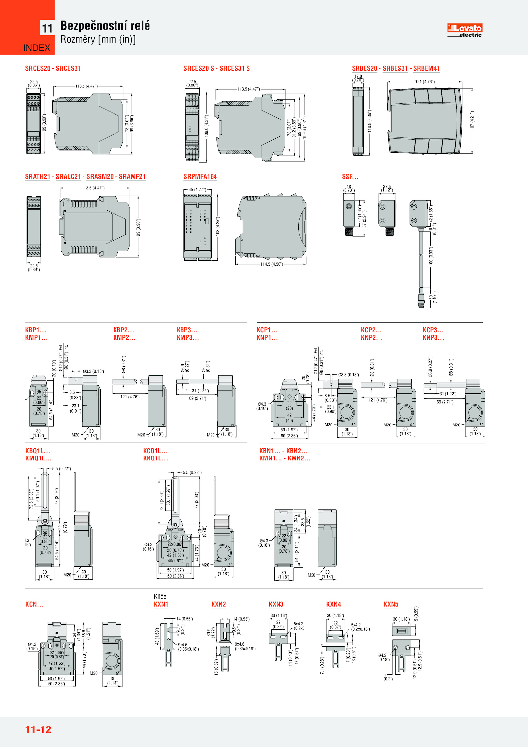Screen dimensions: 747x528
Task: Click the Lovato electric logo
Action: coord(465,30)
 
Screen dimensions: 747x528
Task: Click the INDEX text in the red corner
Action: coord(37,48)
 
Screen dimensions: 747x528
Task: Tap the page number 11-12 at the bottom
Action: coord(38,729)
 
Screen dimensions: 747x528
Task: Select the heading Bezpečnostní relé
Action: coord(105,26)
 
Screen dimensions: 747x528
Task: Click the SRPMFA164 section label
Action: coord(200,177)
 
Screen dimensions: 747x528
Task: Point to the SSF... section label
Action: coord(350,177)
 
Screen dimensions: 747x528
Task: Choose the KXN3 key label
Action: coord(276,604)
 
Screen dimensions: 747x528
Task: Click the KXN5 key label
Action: coord(391,604)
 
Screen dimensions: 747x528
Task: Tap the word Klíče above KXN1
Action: coord(160,596)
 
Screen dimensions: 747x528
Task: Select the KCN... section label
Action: coord(34,604)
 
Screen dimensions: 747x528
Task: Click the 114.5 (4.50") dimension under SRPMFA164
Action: coord(272,264)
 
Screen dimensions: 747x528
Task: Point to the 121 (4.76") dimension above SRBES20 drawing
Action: coord(425,82)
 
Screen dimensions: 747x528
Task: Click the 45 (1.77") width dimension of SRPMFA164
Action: coord(197,190)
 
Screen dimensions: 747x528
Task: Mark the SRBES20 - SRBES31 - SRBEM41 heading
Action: coord(396,68)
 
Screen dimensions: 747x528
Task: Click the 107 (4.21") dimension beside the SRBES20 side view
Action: coord(472,120)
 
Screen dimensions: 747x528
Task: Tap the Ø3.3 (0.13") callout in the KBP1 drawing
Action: coord(93,371)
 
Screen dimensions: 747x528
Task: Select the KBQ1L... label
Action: coord(38,451)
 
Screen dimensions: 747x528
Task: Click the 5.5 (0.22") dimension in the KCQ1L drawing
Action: coord(192,473)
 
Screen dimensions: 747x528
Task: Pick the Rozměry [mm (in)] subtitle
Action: coord(98,39)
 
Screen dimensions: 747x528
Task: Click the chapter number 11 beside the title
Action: coord(48,28)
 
